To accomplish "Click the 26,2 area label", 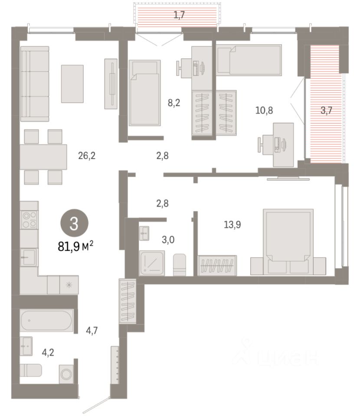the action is pyautogui.click(x=87, y=156).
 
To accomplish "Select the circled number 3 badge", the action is pyautogui.click(x=74, y=224).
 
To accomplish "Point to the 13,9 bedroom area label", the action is pyautogui.click(x=232, y=225).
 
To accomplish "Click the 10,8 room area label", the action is pyautogui.click(x=264, y=110).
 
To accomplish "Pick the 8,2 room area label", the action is pyautogui.click(x=174, y=102).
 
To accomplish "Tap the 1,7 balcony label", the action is pyautogui.click(x=179, y=15).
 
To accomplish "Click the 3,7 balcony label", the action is pyautogui.click(x=326, y=110).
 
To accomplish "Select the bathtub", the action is pyautogui.click(x=46, y=320).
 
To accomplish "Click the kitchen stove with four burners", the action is pyautogui.click(x=29, y=220).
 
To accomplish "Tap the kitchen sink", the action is pyautogui.click(x=29, y=257).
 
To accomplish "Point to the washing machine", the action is pyautogui.click(x=66, y=374).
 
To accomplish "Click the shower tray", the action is pyautogui.click(x=152, y=263).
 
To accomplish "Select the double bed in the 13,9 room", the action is pyautogui.click(x=288, y=242).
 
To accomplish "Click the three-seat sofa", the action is pyautogui.click(x=35, y=84).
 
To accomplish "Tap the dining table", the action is pyautogui.click(x=43, y=157).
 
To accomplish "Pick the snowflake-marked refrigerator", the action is pyautogui.click(x=69, y=285).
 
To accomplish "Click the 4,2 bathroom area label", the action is pyautogui.click(x=48, y=352).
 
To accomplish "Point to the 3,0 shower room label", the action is pyautogui.click(x=168, y=240).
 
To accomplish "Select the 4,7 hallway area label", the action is pyautogui.click(x=92, y=330).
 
